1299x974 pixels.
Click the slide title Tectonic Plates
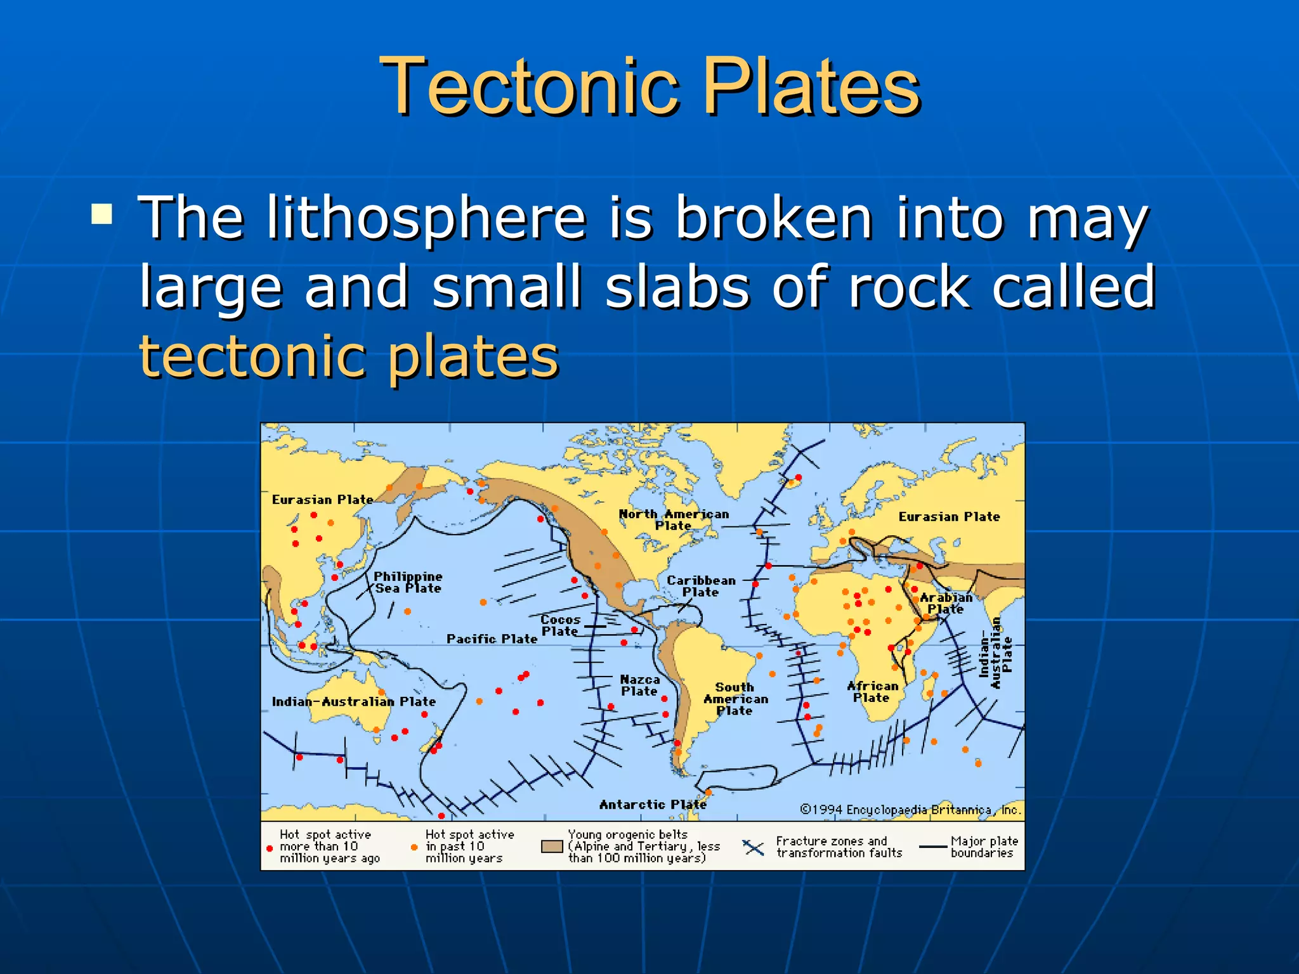coord(649,86)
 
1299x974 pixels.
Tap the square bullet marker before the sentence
coord(102,214)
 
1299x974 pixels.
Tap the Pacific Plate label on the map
coord(492,639)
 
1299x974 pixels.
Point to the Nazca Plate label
coord(639,685)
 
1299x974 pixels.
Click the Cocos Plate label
coord(560,625)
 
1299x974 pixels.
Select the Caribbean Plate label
coord(701,586)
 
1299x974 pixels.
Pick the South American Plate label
coord(735,699)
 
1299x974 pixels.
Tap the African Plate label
coord(872,692)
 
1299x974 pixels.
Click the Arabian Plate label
coord(946,603)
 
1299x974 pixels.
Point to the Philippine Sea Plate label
coord(408,582)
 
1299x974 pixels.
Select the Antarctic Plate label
coord(653,804)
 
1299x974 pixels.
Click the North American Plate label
coord(674,519)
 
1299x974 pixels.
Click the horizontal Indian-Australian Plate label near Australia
coord(353,701)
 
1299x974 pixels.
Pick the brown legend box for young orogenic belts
coord(552,847)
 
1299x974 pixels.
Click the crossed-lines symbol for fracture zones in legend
coord(754,847)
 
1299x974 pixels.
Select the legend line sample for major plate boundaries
coord(933,847)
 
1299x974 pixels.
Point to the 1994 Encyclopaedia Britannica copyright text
coord(910,810)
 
